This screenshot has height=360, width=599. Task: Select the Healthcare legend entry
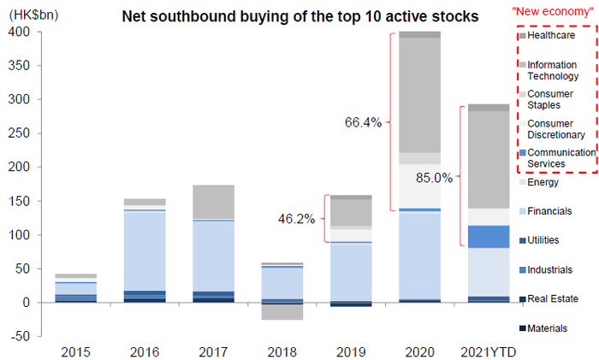551,35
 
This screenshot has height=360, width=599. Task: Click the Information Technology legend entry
555,70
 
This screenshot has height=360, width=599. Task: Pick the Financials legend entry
549,210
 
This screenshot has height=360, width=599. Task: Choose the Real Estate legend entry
552,298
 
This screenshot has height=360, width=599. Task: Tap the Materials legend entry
549,328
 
